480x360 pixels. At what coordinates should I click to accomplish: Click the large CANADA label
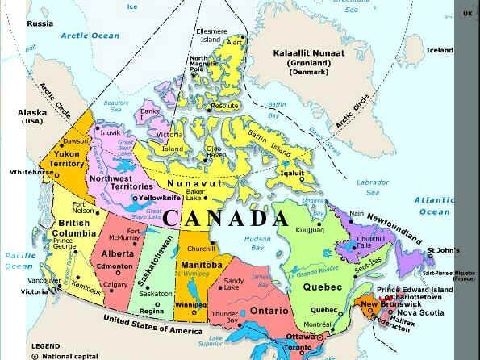[x=225, y=219]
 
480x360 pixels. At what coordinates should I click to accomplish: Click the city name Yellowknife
[x=161, y=197]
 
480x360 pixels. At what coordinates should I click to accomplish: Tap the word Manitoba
[x=202, y=265]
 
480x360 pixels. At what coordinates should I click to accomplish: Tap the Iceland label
[x=440, y=50]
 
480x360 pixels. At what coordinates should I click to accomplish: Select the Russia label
[x=40, y=23]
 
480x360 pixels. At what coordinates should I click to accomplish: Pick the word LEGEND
[x=46, y=345]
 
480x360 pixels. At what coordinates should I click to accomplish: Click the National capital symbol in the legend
[x=35, y=355]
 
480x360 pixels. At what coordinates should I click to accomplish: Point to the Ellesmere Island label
[x=211, y=35]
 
